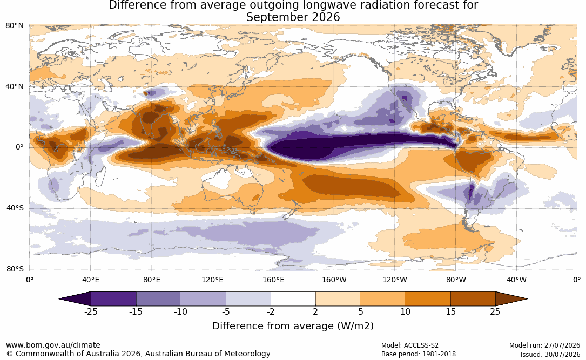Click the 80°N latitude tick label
tap(15, 26)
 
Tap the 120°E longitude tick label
tap(213, 280)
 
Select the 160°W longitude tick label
tap(334, 280)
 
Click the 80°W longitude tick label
tap(456, 280)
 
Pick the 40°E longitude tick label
tap(91, 280)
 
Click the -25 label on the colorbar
tap(91, 311)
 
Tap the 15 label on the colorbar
tap(451, 311)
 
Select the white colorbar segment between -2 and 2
tap(293, 299)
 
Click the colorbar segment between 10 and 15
tap(428, 299)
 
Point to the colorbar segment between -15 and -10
tap(158, 299)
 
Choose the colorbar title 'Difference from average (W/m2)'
tap(293, 326)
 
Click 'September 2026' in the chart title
tap(293, 17)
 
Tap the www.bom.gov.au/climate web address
tap(53, 345)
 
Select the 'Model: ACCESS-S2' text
tap(410, 345)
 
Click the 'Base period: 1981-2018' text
tap(419, 354)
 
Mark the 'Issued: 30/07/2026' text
tap(550, 355)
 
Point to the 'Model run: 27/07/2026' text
tap(545, 345)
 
